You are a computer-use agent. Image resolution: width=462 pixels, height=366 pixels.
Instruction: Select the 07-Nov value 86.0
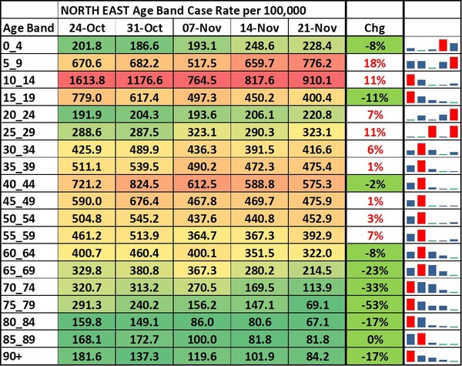(202, 321)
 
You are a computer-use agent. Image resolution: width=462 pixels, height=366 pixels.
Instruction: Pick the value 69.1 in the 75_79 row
(316, 303)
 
